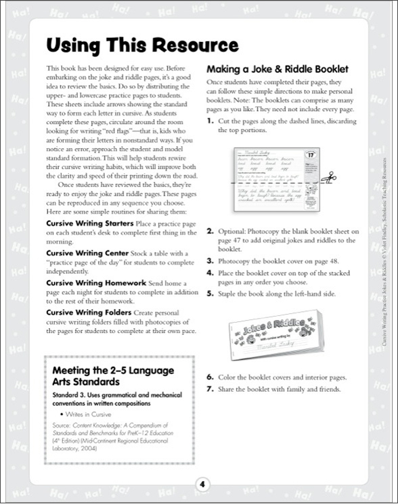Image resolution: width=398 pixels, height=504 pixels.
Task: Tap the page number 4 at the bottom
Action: pos(199,484)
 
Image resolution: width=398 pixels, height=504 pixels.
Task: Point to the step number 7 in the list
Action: pos(210,388)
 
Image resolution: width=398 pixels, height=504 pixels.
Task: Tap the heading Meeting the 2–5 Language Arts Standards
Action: pos(114,376)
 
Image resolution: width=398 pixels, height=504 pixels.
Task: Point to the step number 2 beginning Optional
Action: pos(210,231)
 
